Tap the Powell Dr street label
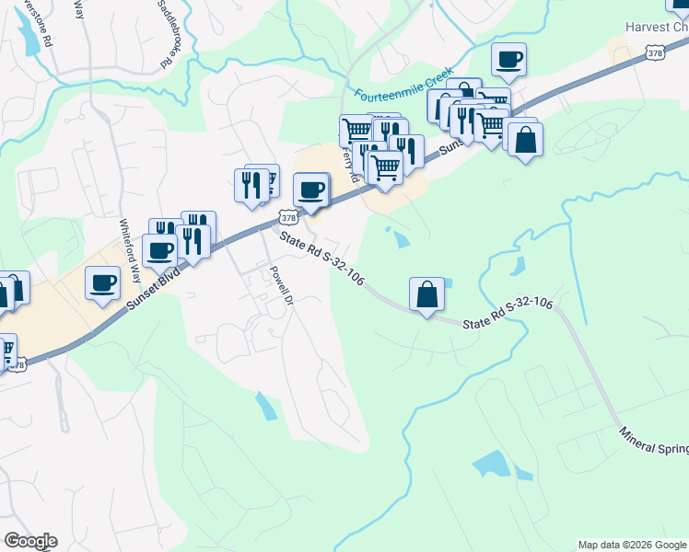[280, 286]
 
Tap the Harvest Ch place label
[656, 27]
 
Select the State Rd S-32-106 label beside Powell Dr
[321, 259]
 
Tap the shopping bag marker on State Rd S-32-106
[426, 294]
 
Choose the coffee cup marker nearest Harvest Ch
[508, 60]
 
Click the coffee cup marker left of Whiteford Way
[102, 282]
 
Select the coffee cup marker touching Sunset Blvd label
[160, 249]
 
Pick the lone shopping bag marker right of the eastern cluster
[524, 141]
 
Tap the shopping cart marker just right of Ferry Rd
[385, 167]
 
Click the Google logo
[30, 541]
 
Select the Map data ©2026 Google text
[632, 545]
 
